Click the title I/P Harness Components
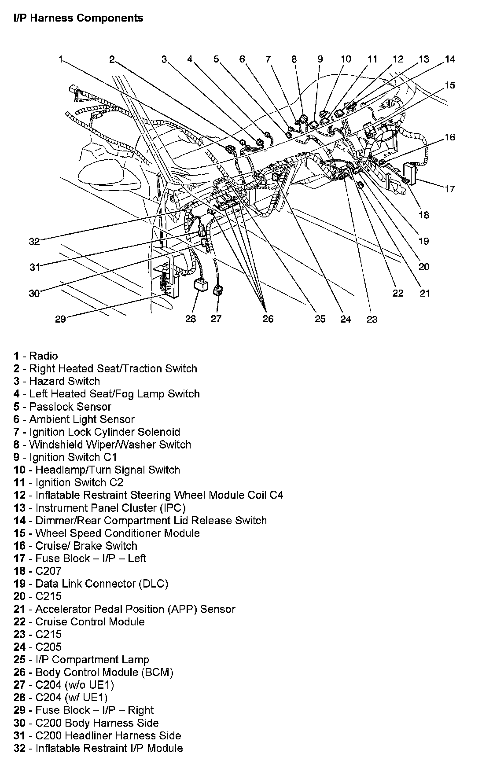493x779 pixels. pos(78,18)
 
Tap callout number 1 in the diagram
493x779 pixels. pos(61,59)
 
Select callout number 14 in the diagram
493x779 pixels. pos(450,59)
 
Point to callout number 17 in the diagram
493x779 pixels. pos(449,189)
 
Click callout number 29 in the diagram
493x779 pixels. pos(60,319)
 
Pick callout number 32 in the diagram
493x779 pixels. pos(34,241)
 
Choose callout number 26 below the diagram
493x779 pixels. pos(268,319)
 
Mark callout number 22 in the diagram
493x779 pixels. pos(398,293)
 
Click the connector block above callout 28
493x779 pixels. pos(202,285)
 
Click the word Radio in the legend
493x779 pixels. pos(44,356)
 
